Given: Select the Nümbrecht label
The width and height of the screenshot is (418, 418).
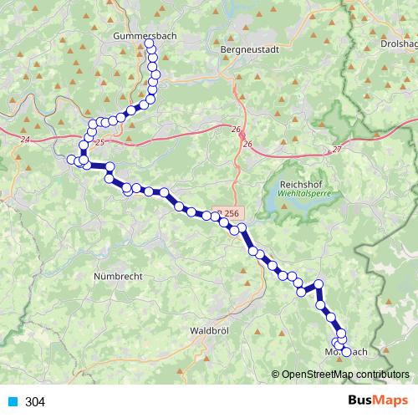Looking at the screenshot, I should (118, 276).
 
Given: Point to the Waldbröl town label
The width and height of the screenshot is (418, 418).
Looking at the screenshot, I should (210, 330).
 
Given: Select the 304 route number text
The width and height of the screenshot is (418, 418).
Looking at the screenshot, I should (35, 402).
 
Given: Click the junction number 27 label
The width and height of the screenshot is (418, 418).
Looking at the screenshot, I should (337, 149).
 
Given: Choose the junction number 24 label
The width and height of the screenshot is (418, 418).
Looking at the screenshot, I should (25, 140).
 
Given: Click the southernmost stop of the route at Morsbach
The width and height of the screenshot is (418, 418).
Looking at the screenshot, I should (346, 352).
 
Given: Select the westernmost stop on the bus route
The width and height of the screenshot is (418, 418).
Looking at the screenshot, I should (71, 159).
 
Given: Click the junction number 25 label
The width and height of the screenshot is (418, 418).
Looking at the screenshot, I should (101, 143).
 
